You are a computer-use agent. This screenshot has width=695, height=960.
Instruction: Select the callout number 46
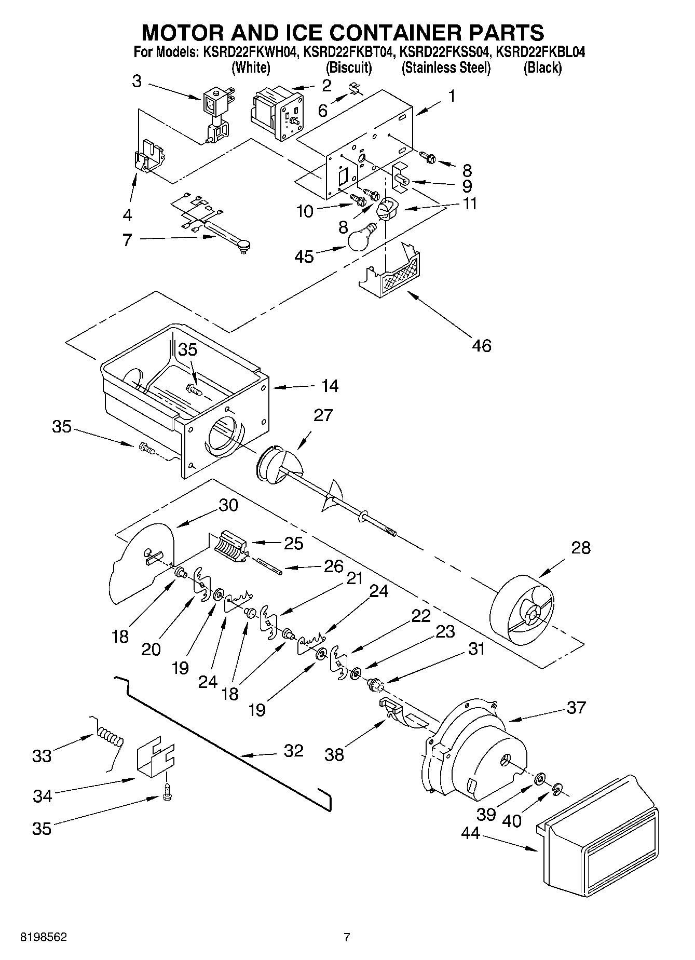[x=481, y=345]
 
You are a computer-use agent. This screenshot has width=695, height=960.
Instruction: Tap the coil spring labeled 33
[x=110, y=736]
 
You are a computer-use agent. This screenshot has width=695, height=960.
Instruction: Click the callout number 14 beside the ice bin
[x=330, y=386]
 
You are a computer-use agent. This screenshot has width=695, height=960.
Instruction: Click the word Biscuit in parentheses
[x=349, y=67]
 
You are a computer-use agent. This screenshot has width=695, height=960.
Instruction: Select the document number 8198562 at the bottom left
[x=43, y=937]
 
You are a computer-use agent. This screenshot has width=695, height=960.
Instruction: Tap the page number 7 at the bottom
[x=347, y=937]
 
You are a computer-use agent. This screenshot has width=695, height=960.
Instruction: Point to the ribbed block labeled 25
[x=229, y=547]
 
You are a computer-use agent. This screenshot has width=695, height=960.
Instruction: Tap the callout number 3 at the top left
[x=137, y=82]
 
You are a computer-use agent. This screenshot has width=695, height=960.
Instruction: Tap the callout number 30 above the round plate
[x=227, y=505]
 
